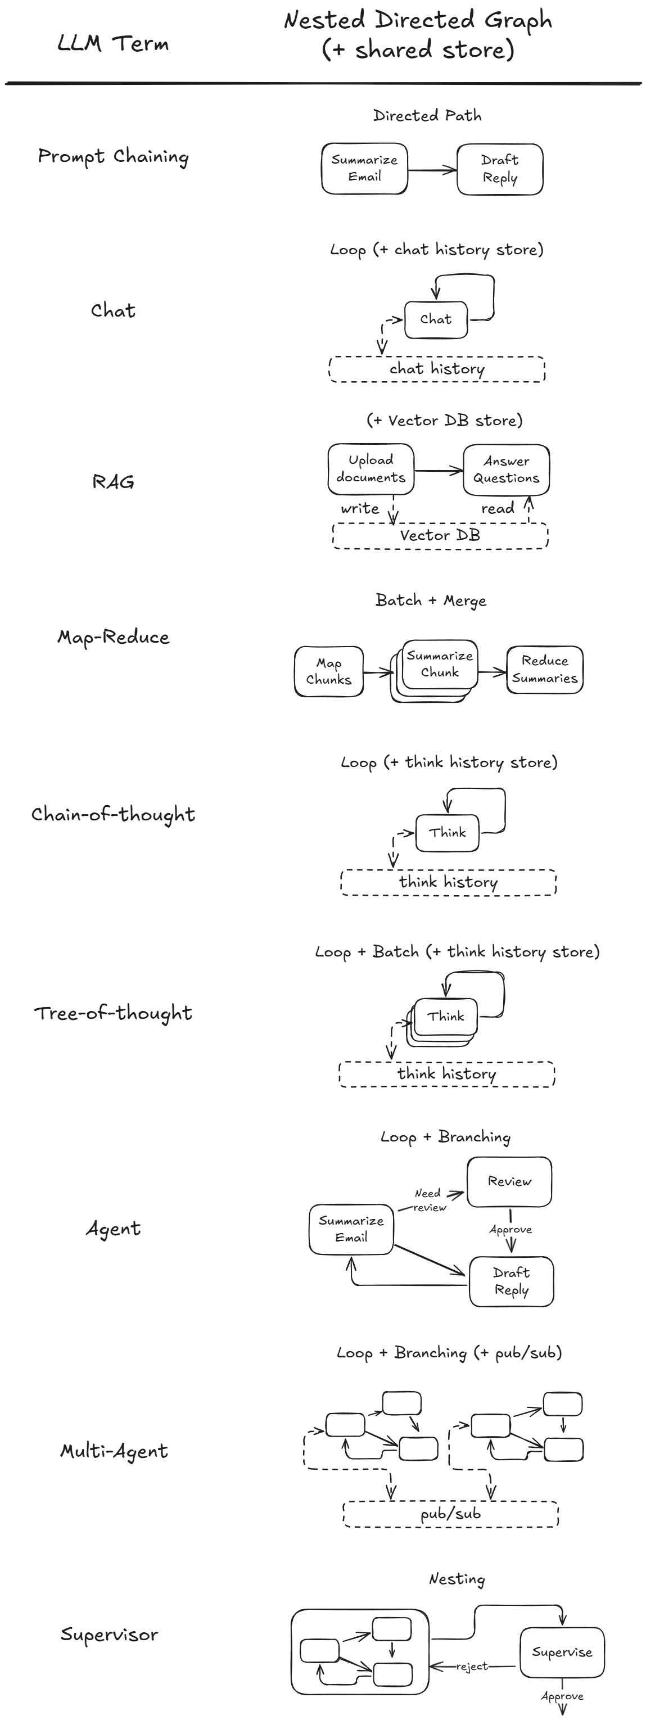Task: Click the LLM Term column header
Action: (113, 44)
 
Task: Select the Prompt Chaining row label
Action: (113, 157)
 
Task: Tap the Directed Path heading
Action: (427, 115)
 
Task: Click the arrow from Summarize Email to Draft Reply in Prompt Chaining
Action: (432, 170)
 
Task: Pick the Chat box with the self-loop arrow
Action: (436, 319)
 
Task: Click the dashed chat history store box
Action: (437, 369)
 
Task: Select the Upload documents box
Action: (371, 469)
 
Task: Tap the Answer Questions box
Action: (506, 470)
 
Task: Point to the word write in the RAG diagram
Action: (360, 509)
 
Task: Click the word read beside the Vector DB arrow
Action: (498, 509)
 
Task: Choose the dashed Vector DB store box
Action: (440, 535)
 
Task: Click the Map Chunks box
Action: (328, 672)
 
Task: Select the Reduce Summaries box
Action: (545, 670)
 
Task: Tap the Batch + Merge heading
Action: (431, 601)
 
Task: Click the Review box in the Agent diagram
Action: (509, 1182)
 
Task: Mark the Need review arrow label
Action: (428, 1200)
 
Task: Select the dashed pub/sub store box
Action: (450, 1514)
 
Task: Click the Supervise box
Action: (562, 1653)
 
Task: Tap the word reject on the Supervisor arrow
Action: (472, 1667)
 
